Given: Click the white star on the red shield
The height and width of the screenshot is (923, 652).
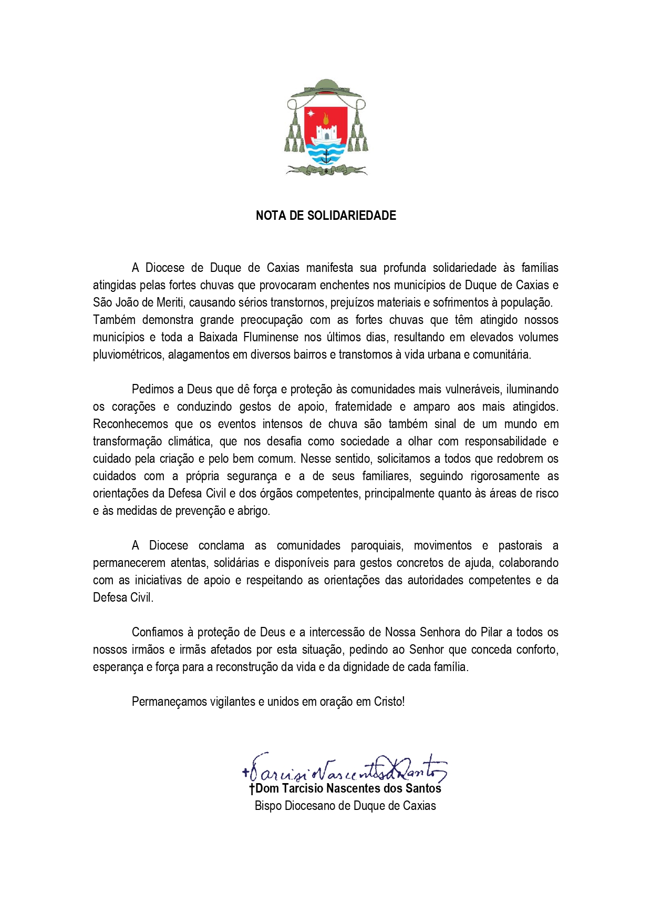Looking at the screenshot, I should pyautogui.click(x=311, y=113).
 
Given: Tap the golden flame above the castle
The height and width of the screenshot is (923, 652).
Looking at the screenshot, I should pyautogui.click(x=326, y=118).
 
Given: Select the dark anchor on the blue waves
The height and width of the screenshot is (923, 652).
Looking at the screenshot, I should pyautogui.click(x=326, y=155).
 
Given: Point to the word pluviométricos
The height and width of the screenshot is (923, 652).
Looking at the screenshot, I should pyautogui.click(x=128, y=354).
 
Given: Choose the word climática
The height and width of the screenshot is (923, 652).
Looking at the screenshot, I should pyautogui.click(x=189, y=441).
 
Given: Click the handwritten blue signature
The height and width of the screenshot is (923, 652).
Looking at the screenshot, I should pyautogui.click(x=344, y=769).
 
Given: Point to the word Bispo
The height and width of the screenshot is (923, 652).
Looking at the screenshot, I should pyautogui.click(x=268, y=806).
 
